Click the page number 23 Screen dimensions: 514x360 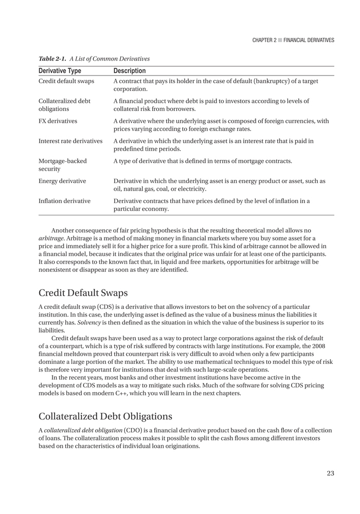pyautogui.click(x=330, y=473)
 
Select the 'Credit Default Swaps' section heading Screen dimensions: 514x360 pyautogui.click(x=83, y=293)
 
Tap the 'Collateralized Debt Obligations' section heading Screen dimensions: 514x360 pyautogui.click(x=105, y=415)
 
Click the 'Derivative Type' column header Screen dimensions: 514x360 pyautogui.click(x=60, y=71)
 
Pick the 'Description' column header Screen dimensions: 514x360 pyautogui.click(x=129, y=71)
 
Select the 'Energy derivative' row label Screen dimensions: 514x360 pyautogui.click(x=62, y=181)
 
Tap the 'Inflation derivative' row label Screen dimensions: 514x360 pyautogui.click(x=64, y=201)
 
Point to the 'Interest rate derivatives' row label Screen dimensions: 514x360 pyautogui.click(x=70, y=141)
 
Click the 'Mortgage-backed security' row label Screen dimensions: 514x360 pyautogui.click(x=63, y=164)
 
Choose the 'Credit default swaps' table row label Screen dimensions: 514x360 pyautogui.click(x=66, y=81)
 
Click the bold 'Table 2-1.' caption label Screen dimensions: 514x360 pyautogui.click(x=53, y=59)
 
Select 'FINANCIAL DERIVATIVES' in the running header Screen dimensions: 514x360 pyautogui.click(x=309, y=40)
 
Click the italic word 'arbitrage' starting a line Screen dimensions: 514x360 pyautogui.click(x=50, y=238)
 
